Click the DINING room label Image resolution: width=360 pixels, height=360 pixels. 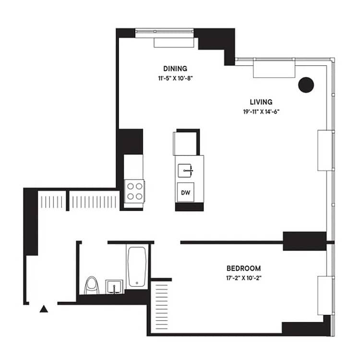point(175,68)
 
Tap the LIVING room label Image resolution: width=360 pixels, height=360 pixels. point(261,102)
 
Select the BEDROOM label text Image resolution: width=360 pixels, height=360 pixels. point(243,268)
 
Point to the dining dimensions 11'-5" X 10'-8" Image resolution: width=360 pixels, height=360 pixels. point(175,77)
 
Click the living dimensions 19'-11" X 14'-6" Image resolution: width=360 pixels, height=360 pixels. point(261,111)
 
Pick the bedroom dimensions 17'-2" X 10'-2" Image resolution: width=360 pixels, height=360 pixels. point(243,277)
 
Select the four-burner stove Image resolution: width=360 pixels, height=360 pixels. point(134,190)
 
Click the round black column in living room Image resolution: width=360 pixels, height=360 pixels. point(306,85)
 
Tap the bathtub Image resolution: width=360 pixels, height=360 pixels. point(138,266)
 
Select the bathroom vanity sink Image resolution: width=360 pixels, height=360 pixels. point(114,287)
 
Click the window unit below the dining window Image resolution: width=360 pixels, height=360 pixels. point(174,42)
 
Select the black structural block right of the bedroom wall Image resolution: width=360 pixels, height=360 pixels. point(304,240)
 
